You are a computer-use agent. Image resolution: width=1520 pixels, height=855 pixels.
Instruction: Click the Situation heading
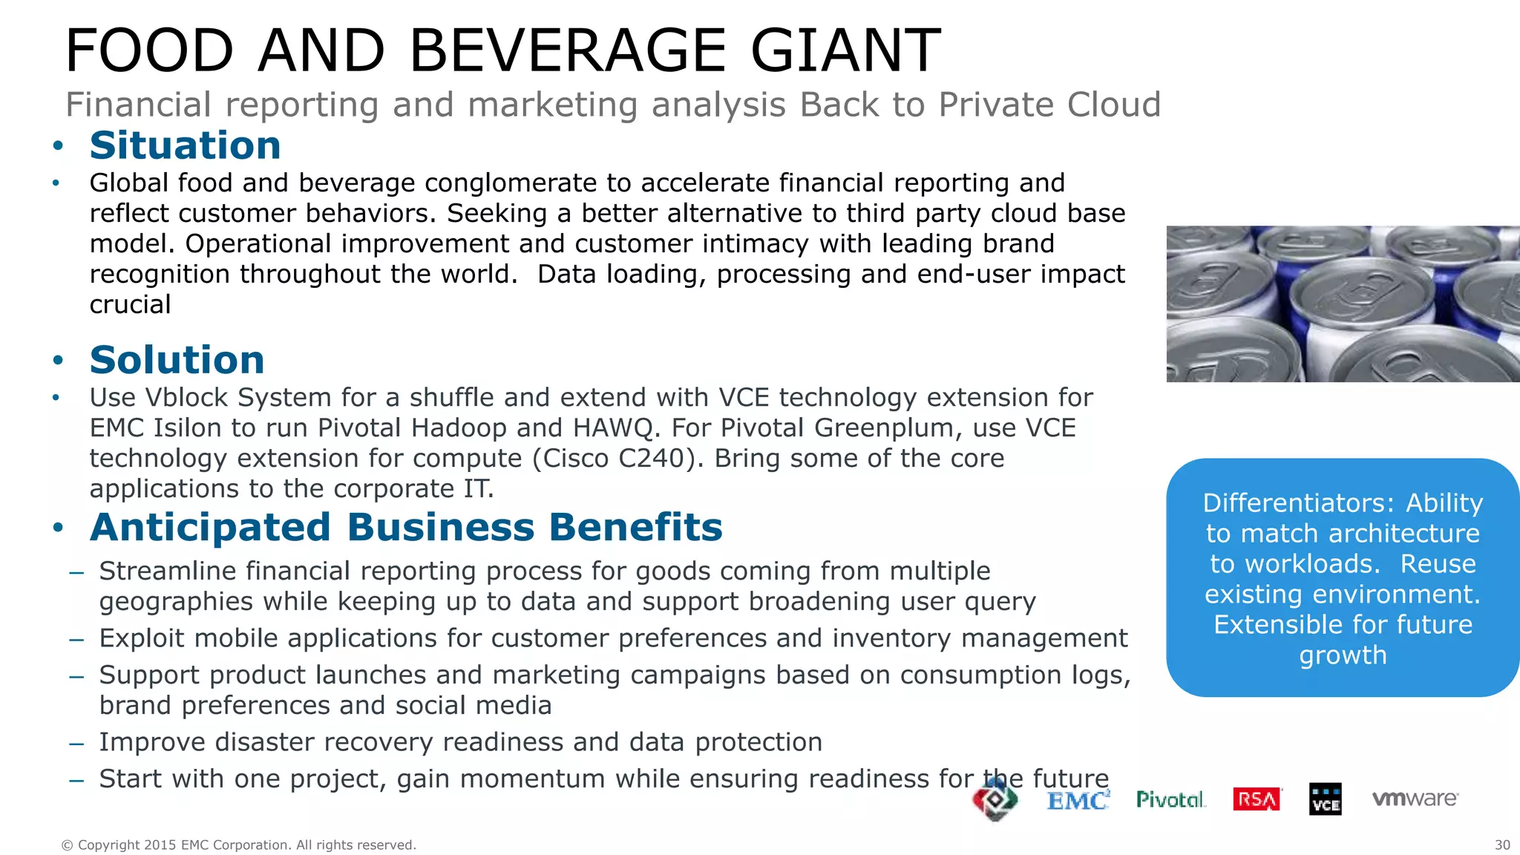pos(185,145)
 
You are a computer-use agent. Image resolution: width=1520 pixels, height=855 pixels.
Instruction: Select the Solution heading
pos(177,360)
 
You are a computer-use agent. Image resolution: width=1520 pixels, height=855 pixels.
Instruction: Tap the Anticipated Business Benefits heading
pos(406,528)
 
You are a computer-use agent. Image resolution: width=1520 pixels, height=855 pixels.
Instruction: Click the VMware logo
pos(1415,799)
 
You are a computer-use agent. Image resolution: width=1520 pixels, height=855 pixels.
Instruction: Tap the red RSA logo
pos(1257,799)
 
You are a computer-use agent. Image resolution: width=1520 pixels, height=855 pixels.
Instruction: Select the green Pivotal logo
pos(1170,799)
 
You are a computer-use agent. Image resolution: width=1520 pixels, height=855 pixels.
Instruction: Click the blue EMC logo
pos(1078,800)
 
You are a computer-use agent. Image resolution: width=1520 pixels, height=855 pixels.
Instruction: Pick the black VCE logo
pos(1325,799)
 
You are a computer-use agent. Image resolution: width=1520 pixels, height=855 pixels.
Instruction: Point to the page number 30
pos(1502,845)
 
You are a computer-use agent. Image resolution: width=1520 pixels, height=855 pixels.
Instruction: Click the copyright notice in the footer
pos(238,845)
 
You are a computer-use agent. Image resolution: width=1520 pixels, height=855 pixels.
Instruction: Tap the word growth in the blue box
pos(1343,655)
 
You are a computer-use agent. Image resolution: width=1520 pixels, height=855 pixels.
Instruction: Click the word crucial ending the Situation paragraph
pos(130,304)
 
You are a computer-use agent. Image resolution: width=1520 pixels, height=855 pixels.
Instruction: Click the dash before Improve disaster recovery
pos(76,743)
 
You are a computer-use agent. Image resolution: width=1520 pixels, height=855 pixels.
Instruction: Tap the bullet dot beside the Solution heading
pos(58,361)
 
